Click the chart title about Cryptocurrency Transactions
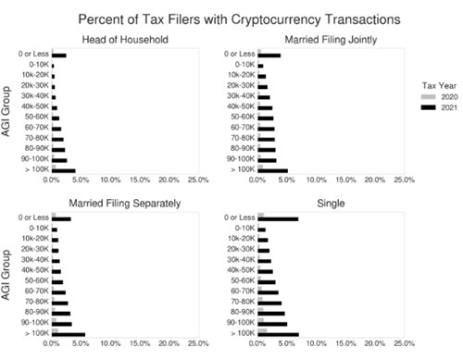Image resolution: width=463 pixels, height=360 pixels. click(x=239, y=18)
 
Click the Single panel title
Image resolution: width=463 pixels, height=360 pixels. click(x=331, y=203)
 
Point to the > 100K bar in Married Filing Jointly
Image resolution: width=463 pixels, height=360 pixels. click(x=273, y=170)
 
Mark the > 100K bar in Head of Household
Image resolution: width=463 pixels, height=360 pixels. click(x=64, y=170)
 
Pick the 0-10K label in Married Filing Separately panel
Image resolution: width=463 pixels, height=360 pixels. click(x=37, y=229)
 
